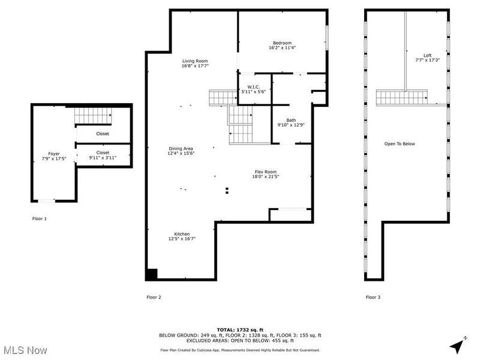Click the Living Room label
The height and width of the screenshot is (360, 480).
click(x=195, y=61)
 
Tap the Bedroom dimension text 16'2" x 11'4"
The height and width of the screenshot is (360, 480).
click(x=282, y=48)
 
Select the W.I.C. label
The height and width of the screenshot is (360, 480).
click(x=254, y=87)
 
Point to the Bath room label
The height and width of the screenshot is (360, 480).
click(x=291, y=121)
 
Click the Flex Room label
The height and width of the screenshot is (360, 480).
click(x=266, y=172)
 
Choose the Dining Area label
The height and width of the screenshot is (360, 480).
click(x=181, y=148)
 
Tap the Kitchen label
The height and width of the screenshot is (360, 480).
click(x=182, y=234)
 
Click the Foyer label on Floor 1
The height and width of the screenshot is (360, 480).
click(x=54, y=154)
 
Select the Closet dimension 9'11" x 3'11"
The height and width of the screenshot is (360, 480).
click(x=103, y=158)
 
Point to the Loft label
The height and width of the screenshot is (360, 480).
click(x=428, y=55)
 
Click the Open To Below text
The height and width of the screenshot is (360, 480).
click(x=400, y=143)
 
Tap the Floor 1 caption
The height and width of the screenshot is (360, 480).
click(x=40, y=218)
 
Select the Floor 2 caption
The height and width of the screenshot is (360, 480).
click(x=154, y=297)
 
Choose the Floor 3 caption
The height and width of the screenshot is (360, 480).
click(x=373, y=297)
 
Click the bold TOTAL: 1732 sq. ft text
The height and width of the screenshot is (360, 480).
click(x=240, y=329)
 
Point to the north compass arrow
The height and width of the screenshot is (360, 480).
click(x=458, y=346)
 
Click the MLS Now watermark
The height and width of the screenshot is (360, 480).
click(x=25, y=350)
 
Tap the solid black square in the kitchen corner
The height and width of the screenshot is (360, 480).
click(x=152, y=274)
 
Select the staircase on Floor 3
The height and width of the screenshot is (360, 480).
click(x=401, y=98)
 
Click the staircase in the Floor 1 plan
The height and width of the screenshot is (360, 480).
click(x=93, y=115)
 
